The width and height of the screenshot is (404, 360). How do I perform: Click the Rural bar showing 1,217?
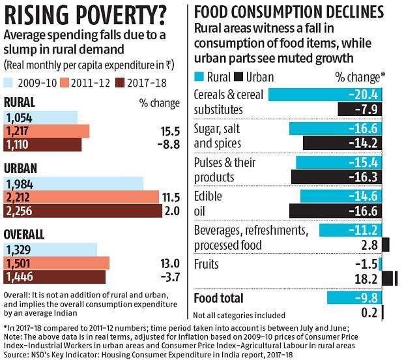pos(46,131)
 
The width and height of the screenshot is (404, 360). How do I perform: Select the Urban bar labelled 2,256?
pos(82,211)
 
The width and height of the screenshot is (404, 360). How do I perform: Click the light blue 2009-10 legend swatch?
pos(11,83)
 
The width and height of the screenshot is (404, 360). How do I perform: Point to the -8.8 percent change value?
pos(167,144)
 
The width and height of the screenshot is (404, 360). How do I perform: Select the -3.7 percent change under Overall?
pos(167,277)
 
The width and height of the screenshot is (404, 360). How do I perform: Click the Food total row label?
pos(218,298)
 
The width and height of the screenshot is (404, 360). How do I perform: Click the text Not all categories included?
pos(240,315)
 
